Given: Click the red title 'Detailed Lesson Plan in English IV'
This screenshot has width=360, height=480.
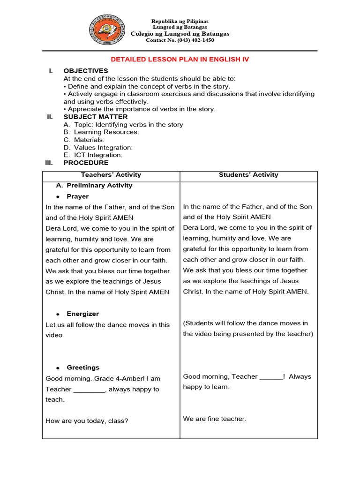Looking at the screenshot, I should [x=180, y=60].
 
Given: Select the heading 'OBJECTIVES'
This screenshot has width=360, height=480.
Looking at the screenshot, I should [x=86, y=71].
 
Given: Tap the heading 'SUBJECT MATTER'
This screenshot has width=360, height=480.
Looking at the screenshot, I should [x=96, y=117].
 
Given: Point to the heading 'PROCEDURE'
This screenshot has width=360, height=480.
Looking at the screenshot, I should [x=86, y=163].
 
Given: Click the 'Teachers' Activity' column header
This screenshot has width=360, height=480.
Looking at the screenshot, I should [x=111, y=175].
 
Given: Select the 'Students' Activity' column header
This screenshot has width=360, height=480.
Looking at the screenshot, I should [x=248, y=175].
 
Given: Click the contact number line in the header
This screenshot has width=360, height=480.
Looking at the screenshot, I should [x=180, y=40].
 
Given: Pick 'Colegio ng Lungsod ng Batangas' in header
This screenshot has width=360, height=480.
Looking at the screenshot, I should [x=180, y=34].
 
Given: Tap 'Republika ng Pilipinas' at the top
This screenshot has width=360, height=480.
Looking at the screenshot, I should [x=180, y=22].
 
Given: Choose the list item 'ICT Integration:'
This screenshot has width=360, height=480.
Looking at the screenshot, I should [x=98, y=155].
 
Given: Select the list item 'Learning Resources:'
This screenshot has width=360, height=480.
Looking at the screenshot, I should [x=106, y=132].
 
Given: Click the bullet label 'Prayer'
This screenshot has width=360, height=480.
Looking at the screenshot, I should [x=77, y=196].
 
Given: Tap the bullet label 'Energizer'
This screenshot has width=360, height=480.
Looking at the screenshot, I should [x=82, y=314].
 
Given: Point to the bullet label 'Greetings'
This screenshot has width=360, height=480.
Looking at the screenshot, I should [x=83, y=367].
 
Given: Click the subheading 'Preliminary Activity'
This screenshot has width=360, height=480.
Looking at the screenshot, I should [x=99, y=186].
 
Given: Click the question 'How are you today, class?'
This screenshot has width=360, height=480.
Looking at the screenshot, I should [x=87, y=421].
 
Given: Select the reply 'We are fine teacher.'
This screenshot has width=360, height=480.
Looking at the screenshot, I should [x=214, y=419].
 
